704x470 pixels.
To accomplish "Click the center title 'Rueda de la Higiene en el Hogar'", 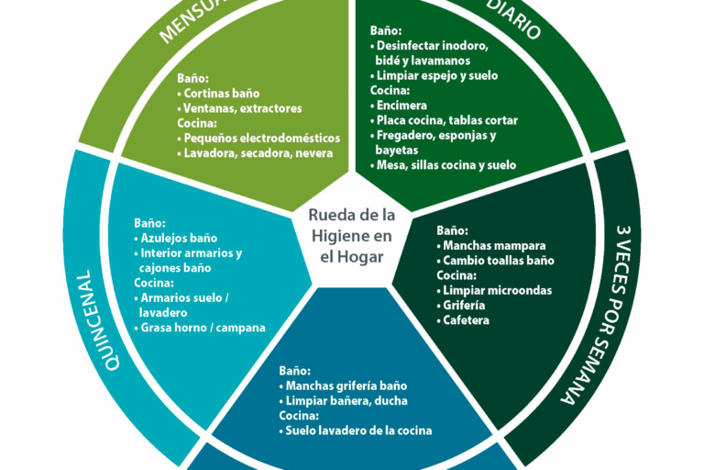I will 352,235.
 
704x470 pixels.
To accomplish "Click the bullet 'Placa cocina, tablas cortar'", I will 446,120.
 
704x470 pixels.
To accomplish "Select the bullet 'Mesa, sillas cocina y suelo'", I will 446,165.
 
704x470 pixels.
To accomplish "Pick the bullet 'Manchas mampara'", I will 493,246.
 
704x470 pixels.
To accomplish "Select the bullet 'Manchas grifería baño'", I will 346,386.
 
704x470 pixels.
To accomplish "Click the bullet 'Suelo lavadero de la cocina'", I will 358,431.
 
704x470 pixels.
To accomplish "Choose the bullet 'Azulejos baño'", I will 179,238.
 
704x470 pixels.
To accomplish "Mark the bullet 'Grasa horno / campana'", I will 203,327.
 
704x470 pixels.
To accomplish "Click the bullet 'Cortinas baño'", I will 221,94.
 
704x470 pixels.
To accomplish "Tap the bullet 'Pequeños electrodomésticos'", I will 261,138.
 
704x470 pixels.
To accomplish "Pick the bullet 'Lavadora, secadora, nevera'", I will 258,153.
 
